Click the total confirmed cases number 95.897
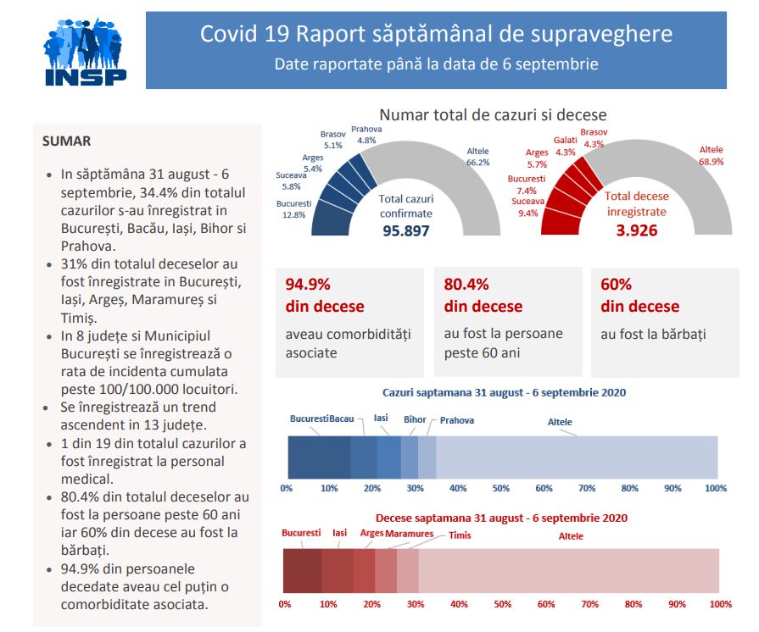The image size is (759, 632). coord(405,231)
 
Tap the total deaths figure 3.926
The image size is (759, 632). coord(637,230)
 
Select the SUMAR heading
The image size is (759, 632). coord(66,141)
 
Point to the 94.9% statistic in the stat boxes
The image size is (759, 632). coord(308,285)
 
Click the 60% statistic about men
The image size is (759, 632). coord(616,285)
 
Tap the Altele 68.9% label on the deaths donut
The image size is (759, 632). coord(711,155)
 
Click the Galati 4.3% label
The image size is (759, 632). coord(565,146)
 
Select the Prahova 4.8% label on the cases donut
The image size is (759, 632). coord(367,135)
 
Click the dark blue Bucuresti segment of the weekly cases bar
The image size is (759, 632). coord(319,457)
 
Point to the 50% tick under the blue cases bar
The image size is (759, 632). coord(501,489)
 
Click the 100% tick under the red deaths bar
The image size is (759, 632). coord(720,604)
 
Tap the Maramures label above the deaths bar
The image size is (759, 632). coord(409,534)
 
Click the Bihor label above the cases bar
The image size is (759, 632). coord(415,419)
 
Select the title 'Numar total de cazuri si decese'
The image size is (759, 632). coord(493,114)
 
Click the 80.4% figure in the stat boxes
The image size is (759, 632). coord(466,285)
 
